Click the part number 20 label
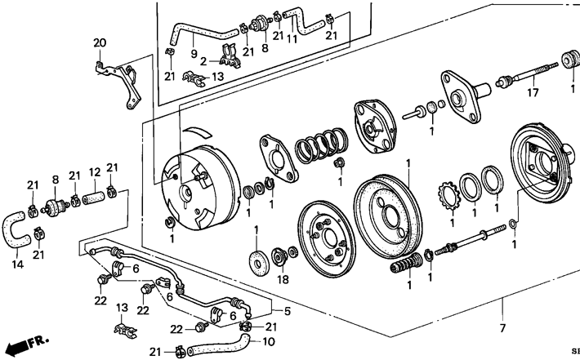[x=100, y=43]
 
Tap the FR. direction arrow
[x=28, y=344]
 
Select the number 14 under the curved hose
[x=18, y=264]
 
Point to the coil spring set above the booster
[x=321, y=145]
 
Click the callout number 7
[x=502, y=327]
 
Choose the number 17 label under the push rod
[x=533, y=92]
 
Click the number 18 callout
[x=283, y=279]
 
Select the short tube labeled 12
[x=94, y=200]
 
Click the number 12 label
[x=95, y=172]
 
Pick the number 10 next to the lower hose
[x=269, y=342]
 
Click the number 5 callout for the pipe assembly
[x=288, y=311]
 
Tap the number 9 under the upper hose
[x=194, y=54]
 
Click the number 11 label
[x=292, y=38]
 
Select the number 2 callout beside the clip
[x=203, y=61]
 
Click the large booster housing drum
[x=200, y=188]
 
